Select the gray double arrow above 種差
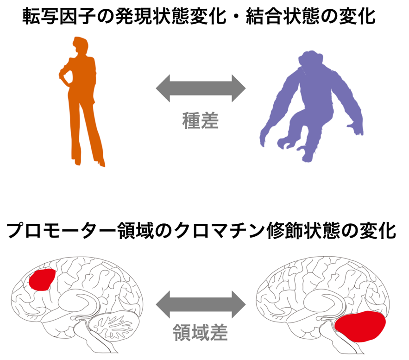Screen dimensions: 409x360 tap(201, 88)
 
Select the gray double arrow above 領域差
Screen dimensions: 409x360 tap(201, 304)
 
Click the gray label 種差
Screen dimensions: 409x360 tap(200, 120)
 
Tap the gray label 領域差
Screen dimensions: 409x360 tap(200, 332)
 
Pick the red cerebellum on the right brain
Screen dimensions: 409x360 tap(360, 326)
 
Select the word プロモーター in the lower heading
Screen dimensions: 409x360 tap(61, 231)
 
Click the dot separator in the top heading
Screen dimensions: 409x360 tap(236, 16)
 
